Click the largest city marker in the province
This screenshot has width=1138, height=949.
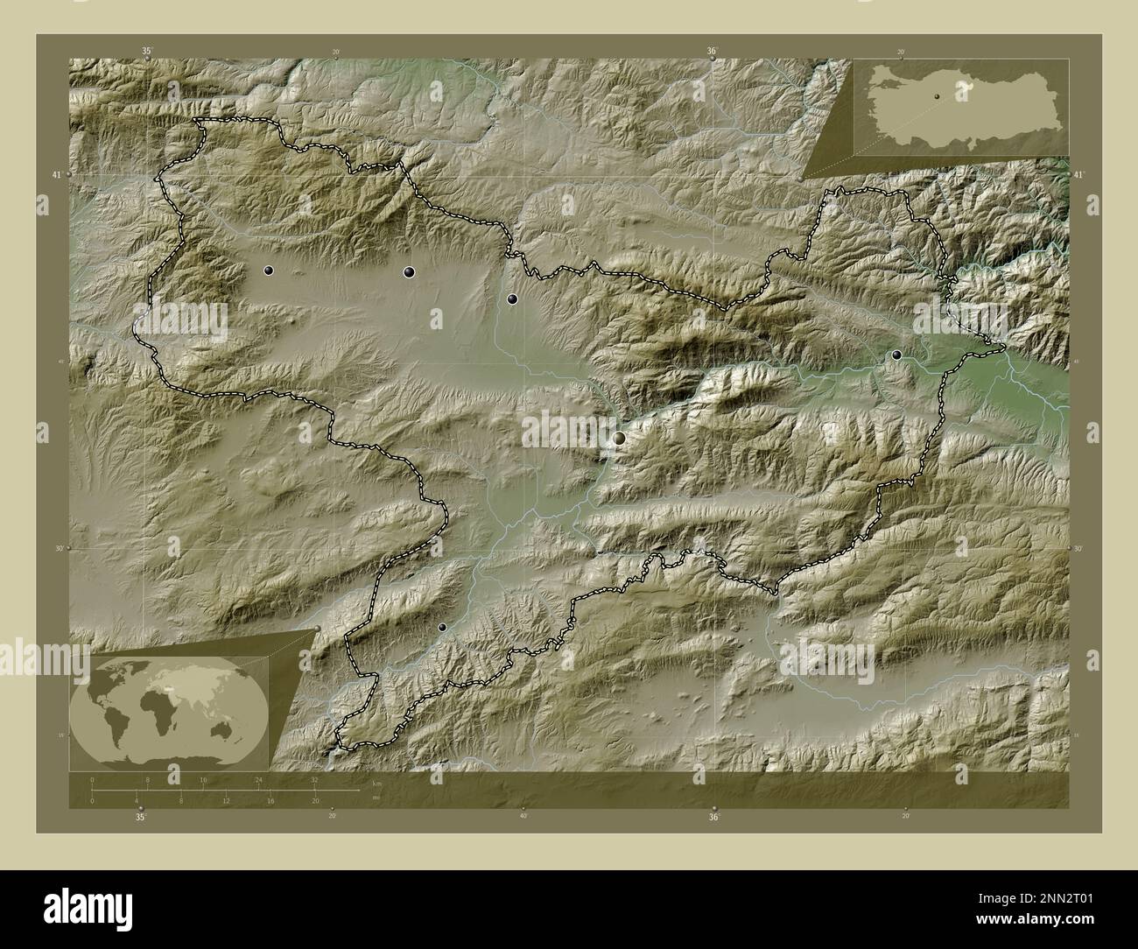(620, 438)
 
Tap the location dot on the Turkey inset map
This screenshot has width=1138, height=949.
(936, 96)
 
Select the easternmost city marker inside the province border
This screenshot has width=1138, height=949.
(896, 355)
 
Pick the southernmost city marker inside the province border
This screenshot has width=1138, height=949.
(442, 627)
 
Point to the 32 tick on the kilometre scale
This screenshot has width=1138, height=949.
(314, 779)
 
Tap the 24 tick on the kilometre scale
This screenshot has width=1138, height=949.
(258, 779)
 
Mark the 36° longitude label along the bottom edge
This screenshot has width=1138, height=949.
(714, 817)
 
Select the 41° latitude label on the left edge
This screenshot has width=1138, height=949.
(57, 176)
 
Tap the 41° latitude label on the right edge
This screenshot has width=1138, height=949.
(1078, 176)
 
